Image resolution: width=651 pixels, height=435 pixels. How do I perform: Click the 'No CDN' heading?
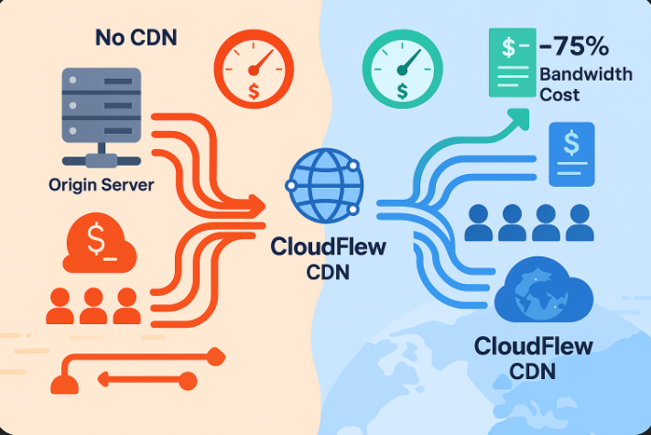(x=136, y=38)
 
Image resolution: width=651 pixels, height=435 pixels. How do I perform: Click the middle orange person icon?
(x=92, y=306)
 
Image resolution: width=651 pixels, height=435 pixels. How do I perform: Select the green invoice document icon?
(x=511, y=60)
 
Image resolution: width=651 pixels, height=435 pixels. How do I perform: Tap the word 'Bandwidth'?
(x=585, y=74)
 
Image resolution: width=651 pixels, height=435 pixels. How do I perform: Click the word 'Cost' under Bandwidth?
(x=559, y=94)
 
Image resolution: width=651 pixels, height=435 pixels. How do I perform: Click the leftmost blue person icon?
(x=481, y=223)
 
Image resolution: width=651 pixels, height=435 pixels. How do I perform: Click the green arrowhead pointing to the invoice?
(x=520, y=116)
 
